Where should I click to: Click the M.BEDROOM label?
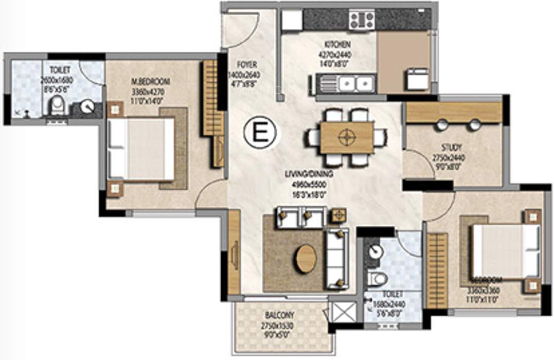pos(150,81)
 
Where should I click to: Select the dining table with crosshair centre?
pos(347,137)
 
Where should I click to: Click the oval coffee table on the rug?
pos(305,259)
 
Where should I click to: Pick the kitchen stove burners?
pos(362,20)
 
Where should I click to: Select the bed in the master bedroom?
pos(141,149)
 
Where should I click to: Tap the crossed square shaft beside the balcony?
pos(341,313)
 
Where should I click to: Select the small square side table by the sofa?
pos(337,215)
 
